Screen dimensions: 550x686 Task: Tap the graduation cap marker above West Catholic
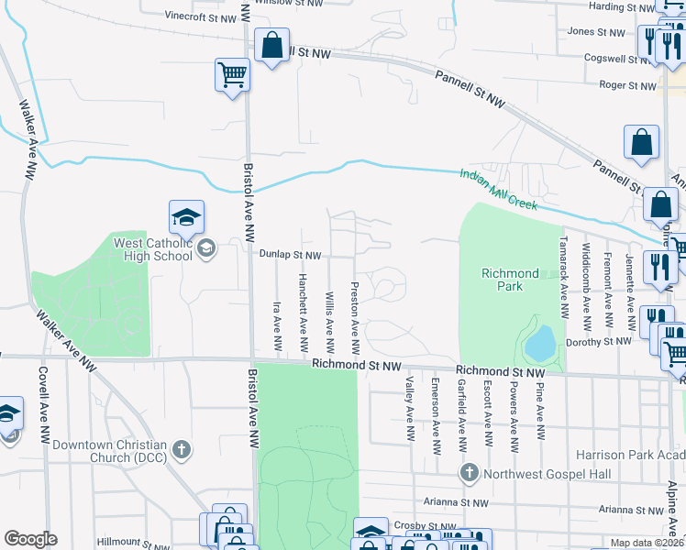(x=186, y=217)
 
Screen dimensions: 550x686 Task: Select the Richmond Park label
(x=511, y=280)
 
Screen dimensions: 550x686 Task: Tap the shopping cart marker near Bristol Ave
(x=232, y=75)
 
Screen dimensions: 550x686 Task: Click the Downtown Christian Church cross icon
(x=183, y=449)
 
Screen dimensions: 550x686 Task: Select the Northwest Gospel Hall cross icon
(x=470, y=473)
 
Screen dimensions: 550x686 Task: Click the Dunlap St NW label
(x=289, y=255)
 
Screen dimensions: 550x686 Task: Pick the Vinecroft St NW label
(x=201, y=16)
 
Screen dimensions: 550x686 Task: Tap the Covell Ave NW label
(x=43, y=404)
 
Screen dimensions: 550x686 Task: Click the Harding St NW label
(x=621, y=7)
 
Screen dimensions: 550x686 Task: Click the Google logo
(x=30, y=538)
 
